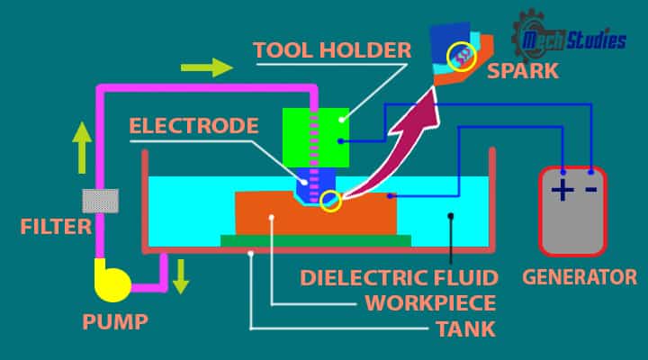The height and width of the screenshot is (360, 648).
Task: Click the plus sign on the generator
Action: pyautogui.click(x=562, y=191)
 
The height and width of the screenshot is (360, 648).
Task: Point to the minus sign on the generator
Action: pyautogui.click(x=590, y=190)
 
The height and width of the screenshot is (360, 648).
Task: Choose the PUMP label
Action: pyautogui.click(x=114, y=321)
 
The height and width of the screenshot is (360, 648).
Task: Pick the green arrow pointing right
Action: pyautogui.click(x=206, y=67)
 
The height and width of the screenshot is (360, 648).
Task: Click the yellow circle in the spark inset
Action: pyautogui.click(x=462, y=57)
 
